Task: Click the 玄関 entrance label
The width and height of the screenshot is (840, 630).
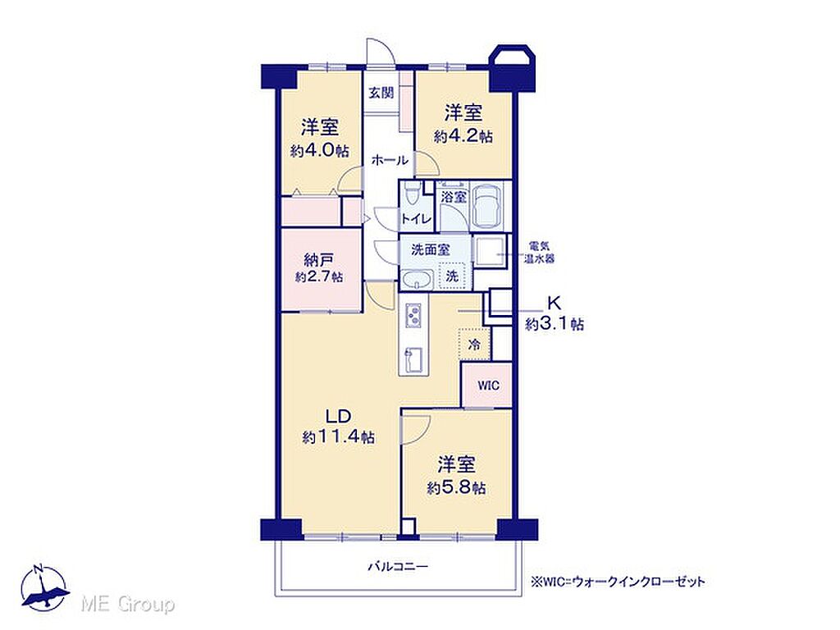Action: coord(381,93)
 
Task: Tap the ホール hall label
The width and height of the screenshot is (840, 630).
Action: coord(390,160)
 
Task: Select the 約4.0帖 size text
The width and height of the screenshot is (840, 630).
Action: coord(319,151)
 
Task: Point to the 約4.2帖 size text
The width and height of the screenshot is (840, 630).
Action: coord(463,136)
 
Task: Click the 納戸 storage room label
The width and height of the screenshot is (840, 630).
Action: coord(319,260)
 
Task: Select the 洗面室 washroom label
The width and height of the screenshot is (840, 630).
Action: coord(430,249)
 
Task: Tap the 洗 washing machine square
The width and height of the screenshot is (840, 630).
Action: coord(453,276)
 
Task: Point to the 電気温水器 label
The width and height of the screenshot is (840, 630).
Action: coord(540,253)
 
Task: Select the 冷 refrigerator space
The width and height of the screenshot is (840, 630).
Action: coord(474,344)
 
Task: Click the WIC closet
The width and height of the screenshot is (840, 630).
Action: coord(487,386)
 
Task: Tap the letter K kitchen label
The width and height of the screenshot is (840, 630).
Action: coord(554,304)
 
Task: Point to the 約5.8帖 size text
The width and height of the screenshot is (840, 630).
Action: coord(456,489)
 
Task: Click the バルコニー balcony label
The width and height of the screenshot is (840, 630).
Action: coord(398,567)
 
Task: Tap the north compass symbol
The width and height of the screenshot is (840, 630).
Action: coord(45,587)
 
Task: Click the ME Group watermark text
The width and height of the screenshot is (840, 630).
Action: coord(127,605)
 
